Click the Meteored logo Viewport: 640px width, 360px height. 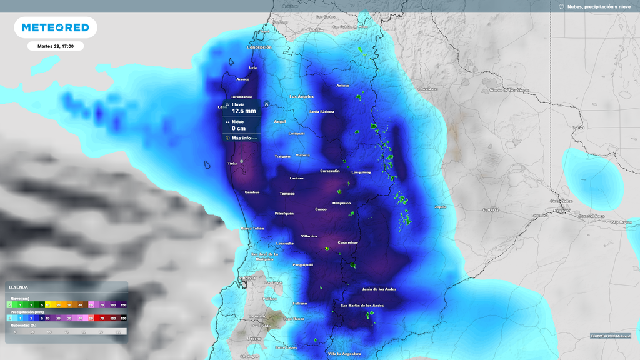coord(55,27)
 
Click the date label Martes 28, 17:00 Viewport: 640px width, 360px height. coord(56,46)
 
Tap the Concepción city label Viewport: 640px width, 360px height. coord(259,47)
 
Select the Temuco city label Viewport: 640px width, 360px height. coord(287,194)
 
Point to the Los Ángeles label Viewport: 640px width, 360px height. coord(302,96)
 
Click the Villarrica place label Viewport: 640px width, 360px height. coord(309,236)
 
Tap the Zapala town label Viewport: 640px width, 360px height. coord(441,206)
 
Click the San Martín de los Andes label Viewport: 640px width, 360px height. coord(362,305)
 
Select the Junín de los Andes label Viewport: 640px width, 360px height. coord(379,289)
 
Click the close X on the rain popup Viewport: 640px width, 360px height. coord(267,104)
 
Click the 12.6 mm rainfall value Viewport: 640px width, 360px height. coord(244,111)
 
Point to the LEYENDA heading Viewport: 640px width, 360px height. coord(18,287)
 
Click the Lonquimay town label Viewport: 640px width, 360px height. coord(361,172)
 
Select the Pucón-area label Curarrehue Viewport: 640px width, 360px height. coord(347,242)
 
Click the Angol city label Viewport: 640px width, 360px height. coord(280,121)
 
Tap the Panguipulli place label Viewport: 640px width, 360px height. coord(304,265)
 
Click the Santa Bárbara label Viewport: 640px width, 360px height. coord(322,111)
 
